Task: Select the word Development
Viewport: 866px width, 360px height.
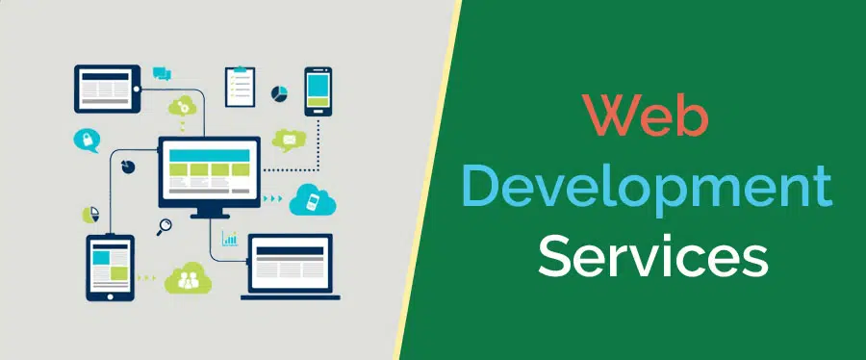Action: tap(647, 187)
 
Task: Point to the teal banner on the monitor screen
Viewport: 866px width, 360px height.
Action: tap(209, 153)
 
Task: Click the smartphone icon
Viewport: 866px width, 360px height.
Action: tap(318, 91)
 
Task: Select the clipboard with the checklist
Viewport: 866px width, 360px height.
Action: tap(240, 87)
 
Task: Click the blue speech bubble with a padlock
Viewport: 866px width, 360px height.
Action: tap(86, 141)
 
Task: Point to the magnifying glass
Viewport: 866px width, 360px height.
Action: tap(164, 227)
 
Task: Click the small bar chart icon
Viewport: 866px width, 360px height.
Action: tap(231, 238)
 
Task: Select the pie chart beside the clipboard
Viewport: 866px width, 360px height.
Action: tap(280, 93)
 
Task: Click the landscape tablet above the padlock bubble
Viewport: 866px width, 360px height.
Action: tap(107, 88)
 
